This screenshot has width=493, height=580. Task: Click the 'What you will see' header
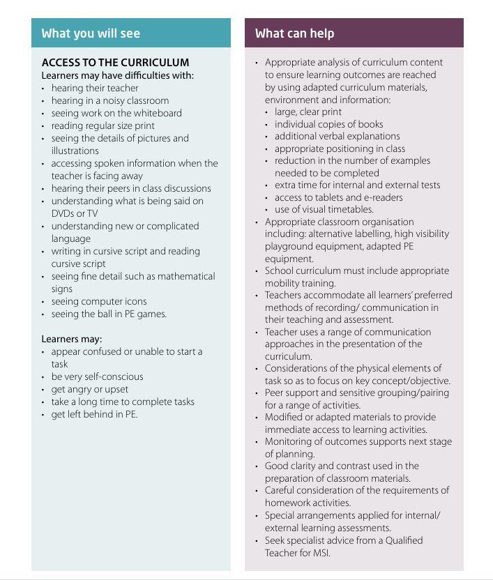click(x=91, y=33)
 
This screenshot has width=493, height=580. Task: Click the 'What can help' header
click(x=294, y=33)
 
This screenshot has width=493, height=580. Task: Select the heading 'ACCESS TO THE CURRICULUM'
click(x=115, y=63)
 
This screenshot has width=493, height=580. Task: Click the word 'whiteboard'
click(x=157, y=113)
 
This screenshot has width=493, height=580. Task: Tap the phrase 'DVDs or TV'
click(x=74, y=213)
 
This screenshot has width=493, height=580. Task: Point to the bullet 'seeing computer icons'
click(x=98, y=301)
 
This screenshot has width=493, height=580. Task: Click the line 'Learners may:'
click(x=72, y=339)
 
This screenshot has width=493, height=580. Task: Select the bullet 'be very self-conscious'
click(x=97, y=376)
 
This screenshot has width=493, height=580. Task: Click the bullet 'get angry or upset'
click(x=89, y=389)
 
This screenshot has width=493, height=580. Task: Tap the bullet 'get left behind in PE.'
click(x=94, y=414)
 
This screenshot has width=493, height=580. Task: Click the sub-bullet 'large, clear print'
click(x=308, y=112)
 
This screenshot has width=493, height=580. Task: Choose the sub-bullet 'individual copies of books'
click(x=328, y=124)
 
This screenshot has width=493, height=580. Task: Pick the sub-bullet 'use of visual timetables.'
click(x=324, y=209)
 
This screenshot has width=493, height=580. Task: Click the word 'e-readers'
click(x=380, y=197)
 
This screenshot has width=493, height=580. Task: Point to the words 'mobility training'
click(x=300, y=283)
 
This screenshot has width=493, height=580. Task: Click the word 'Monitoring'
click(x=289, y=441)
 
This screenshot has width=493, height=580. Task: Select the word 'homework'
click(x=288, y=503)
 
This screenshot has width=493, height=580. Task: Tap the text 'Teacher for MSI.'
click(x=297, y=553)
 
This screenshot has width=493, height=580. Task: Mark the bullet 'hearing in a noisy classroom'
click(x=109, y=100)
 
